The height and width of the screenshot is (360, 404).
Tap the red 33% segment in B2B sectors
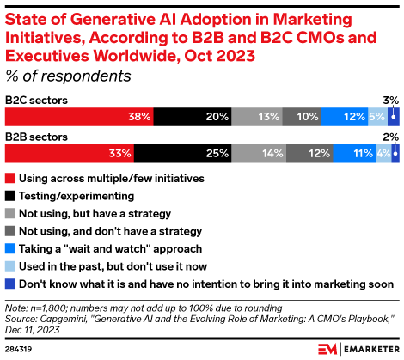tap(70, 154)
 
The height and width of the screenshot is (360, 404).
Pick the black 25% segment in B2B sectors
tap(183, 154)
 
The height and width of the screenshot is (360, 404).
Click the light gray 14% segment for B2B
tap(259, 154)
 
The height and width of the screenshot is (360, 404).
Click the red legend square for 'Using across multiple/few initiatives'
tap(10, 179)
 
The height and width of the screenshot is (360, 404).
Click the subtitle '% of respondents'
tap(68, 76)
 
